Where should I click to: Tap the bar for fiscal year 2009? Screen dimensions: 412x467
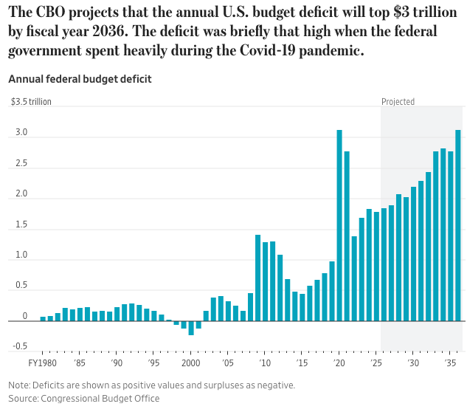click(257, 278)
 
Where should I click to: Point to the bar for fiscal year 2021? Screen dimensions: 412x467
click(347, 236)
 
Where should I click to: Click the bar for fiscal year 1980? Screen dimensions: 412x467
click(43, 319)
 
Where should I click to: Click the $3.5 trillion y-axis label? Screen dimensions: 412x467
click(31, 102)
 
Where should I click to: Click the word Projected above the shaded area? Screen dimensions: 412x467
click(398, 102)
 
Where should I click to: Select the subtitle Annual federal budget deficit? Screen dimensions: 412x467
click(80, 79)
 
